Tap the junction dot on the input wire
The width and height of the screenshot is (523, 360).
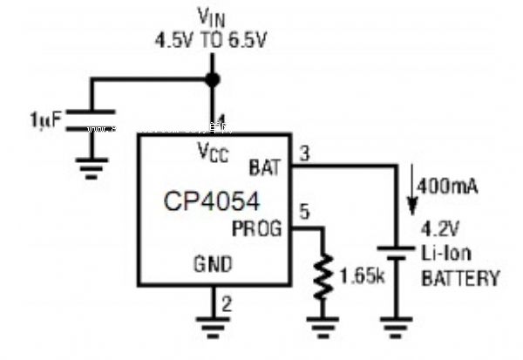tap(211, 80)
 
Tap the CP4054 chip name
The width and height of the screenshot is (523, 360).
tap(212, 202)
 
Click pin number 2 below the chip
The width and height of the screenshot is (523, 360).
tap(227, 304)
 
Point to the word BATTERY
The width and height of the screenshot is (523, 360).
tap(460, 280)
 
